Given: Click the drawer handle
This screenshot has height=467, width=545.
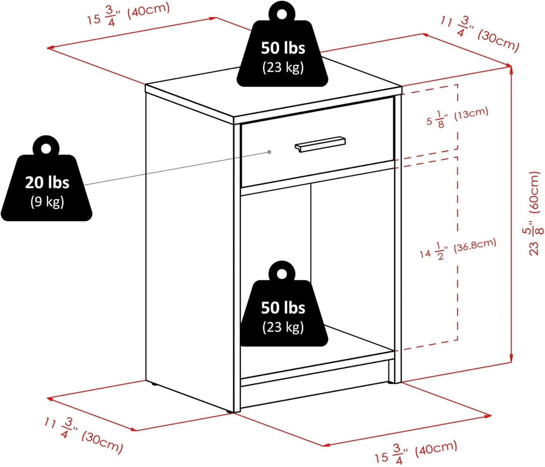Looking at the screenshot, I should (x=320, y=144).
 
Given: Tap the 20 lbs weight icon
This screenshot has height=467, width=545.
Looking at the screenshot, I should (x=46, y=185).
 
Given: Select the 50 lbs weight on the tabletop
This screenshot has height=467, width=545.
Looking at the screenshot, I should (x=282, y=53).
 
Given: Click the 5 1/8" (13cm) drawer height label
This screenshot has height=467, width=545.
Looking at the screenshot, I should (x=457, y=117).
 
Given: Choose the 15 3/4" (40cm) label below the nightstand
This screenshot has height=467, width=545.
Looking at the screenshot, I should (x=416, y=452).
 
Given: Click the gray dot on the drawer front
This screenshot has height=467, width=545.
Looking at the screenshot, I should (x=269, y=152).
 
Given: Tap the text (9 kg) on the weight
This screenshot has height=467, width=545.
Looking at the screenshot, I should (x=47, y=202).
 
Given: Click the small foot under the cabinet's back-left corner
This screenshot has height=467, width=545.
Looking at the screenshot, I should (x=154, y=385).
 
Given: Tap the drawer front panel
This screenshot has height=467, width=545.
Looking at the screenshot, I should (x=272, y=166).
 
